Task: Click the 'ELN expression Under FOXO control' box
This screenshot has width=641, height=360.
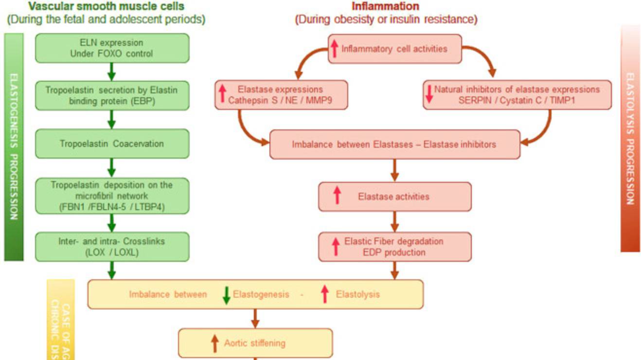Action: (112, 48)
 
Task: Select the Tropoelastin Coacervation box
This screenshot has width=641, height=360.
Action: (112, 144)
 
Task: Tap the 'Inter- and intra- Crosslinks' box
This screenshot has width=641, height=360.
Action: (112, 246)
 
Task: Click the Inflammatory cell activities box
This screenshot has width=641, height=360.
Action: (394, 49)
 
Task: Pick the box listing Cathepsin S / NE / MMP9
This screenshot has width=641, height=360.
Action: (281, 95)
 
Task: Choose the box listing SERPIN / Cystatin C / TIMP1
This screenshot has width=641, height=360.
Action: (517, 95)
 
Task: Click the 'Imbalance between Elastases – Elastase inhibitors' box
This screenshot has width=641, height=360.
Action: (394, 144)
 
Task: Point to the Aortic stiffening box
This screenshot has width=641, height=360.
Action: (255, 343)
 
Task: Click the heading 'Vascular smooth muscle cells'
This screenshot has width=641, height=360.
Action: (106, 6)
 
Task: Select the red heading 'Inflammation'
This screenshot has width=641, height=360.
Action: (386, 6)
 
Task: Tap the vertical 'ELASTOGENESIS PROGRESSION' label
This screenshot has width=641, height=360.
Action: (14, 146)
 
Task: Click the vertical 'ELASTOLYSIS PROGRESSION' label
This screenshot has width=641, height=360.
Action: (630, 139)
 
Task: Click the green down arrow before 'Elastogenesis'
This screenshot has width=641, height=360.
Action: (226, 295)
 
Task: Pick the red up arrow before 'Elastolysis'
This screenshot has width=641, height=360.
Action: (325, 294)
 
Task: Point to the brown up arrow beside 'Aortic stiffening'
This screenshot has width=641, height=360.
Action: (214, 343)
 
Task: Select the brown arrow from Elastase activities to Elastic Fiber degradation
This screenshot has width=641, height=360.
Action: (394, 221)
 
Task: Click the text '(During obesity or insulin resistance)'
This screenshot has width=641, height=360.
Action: (386, 20)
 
